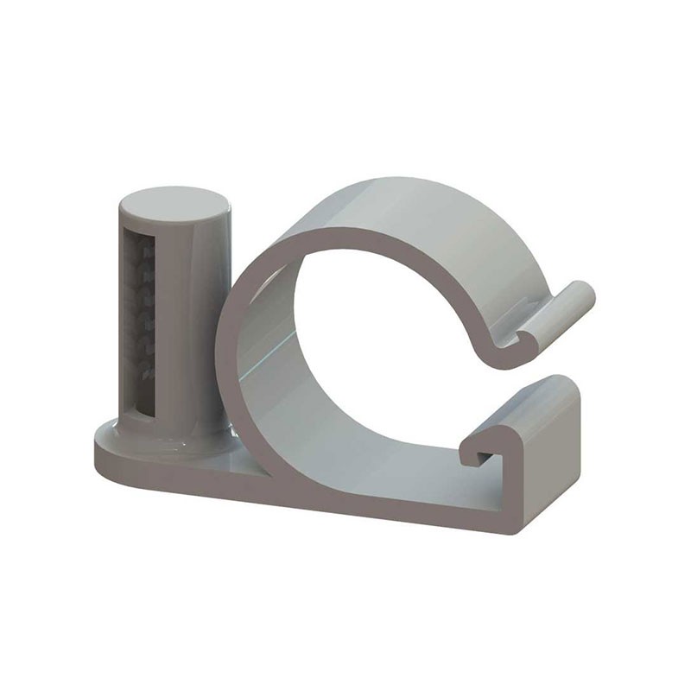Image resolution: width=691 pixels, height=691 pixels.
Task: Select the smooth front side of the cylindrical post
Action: point(192,328)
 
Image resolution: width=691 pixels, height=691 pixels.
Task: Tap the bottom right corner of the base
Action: point(516,529)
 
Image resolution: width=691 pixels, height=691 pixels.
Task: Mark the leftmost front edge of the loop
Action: point(222,345)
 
